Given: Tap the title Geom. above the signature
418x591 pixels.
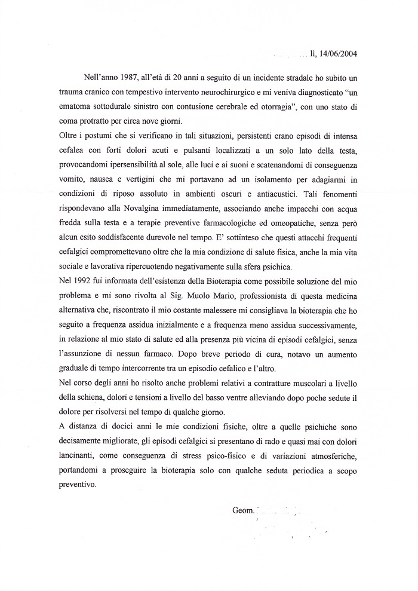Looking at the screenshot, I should click(242, 510).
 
